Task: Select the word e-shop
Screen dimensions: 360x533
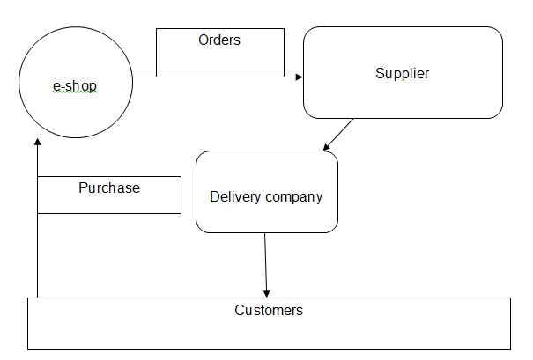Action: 75,85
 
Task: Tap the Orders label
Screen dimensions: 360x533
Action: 219,40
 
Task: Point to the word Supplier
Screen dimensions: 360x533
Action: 403,73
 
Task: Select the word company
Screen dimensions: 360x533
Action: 293,196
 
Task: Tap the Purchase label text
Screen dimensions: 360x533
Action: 109,187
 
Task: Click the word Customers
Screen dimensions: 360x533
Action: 269,310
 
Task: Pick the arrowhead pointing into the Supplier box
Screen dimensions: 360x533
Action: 299,77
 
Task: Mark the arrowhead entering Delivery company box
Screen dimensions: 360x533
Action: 324,148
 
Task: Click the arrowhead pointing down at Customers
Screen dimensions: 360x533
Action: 267,294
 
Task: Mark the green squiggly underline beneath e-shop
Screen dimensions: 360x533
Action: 74,92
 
